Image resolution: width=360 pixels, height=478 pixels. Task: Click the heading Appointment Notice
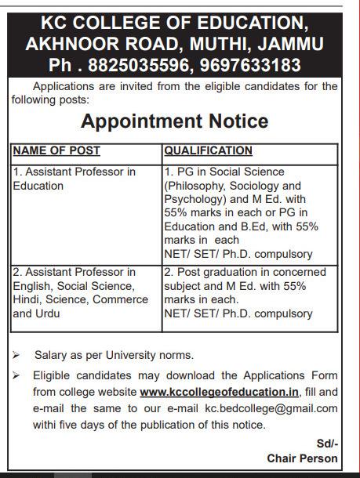(x=175, y=121)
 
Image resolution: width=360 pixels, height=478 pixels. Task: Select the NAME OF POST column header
(x=56, y=150)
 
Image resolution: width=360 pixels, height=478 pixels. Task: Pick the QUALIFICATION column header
(x=208, y=150)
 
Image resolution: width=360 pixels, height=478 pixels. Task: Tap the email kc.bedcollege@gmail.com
(x=272, y=407)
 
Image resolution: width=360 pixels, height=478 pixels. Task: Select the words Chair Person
(x=303, y=458)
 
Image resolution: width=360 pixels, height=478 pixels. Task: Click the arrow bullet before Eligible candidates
(x=16, y=375)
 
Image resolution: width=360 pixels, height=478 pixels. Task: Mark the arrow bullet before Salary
(x=16, y=355)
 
